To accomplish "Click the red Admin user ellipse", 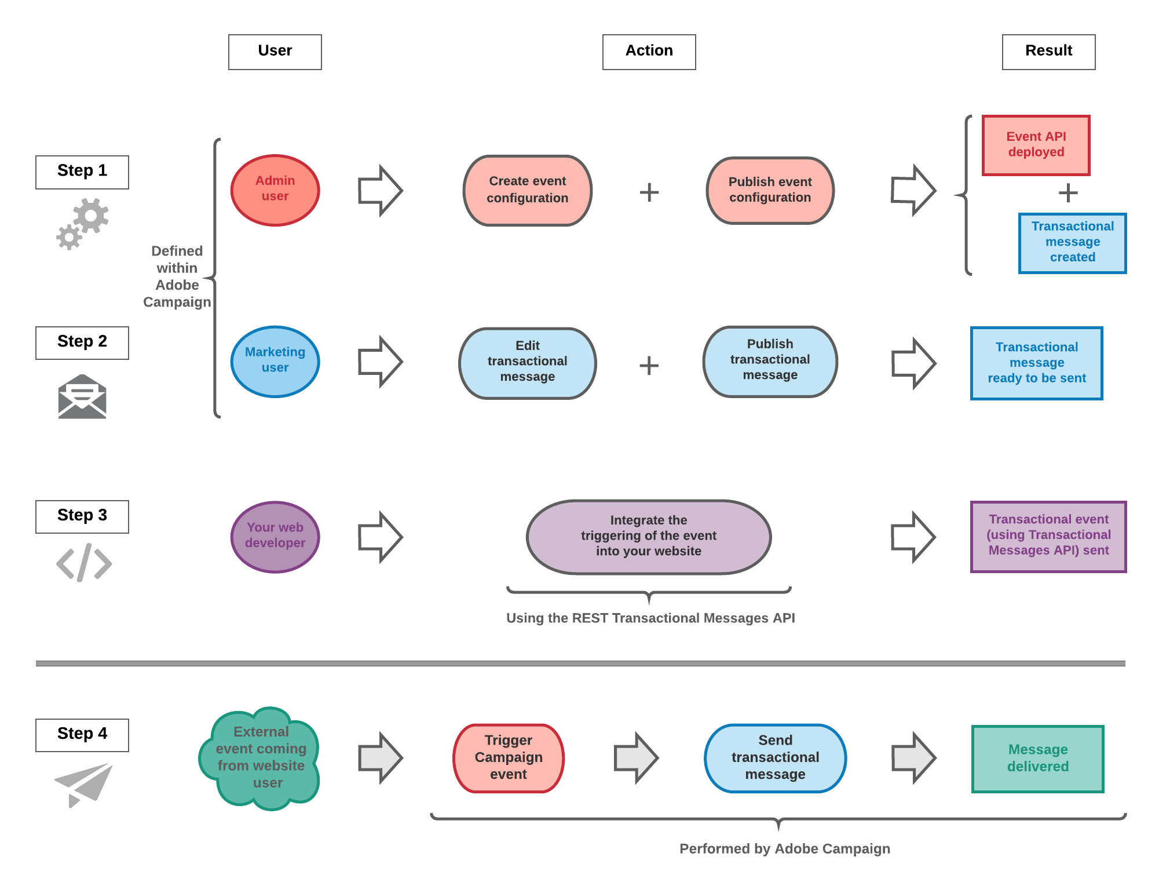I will [x=275, y=190].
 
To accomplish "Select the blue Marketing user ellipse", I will [x=275, y=362].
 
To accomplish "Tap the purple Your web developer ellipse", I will [x=275, y=537].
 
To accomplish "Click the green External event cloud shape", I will [x=260, y=758].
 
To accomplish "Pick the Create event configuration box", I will [x=527, y=190].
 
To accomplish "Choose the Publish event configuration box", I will [x=770, y=190].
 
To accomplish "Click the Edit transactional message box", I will [x=527, y=363].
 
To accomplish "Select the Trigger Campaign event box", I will [x=509, y=757].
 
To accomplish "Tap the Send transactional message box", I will [x=775, y=757].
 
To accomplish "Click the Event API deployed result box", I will [x=1036, y=145].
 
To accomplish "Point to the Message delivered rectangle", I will [x=1037, y=758].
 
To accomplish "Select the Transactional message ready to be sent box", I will [x=1036, y=363].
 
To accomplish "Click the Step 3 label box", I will [x=82, y=516].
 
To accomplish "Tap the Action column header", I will [x=649, y=52].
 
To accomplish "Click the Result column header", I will [x=1048, y=52].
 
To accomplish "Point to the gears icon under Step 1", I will [x=83, y=224].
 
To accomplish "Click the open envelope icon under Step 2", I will [x=82, y=396].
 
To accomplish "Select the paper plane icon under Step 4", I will [x=83, y=784].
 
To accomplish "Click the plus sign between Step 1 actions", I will [x=649, y=192].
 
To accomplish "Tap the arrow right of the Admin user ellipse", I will [x=380, y=190].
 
